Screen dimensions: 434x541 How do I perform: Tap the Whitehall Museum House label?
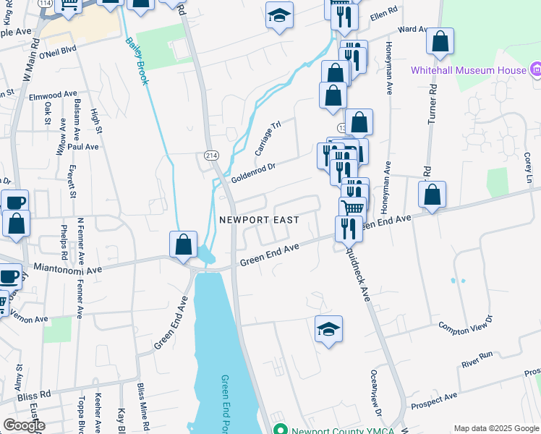468,70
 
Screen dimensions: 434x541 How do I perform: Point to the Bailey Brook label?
137,62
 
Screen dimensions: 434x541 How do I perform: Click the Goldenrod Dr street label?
254,172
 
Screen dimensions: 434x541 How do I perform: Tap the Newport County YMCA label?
334,428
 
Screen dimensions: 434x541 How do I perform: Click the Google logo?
24,425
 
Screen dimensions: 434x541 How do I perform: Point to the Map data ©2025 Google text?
495,428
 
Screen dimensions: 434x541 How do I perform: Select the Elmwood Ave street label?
53,94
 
